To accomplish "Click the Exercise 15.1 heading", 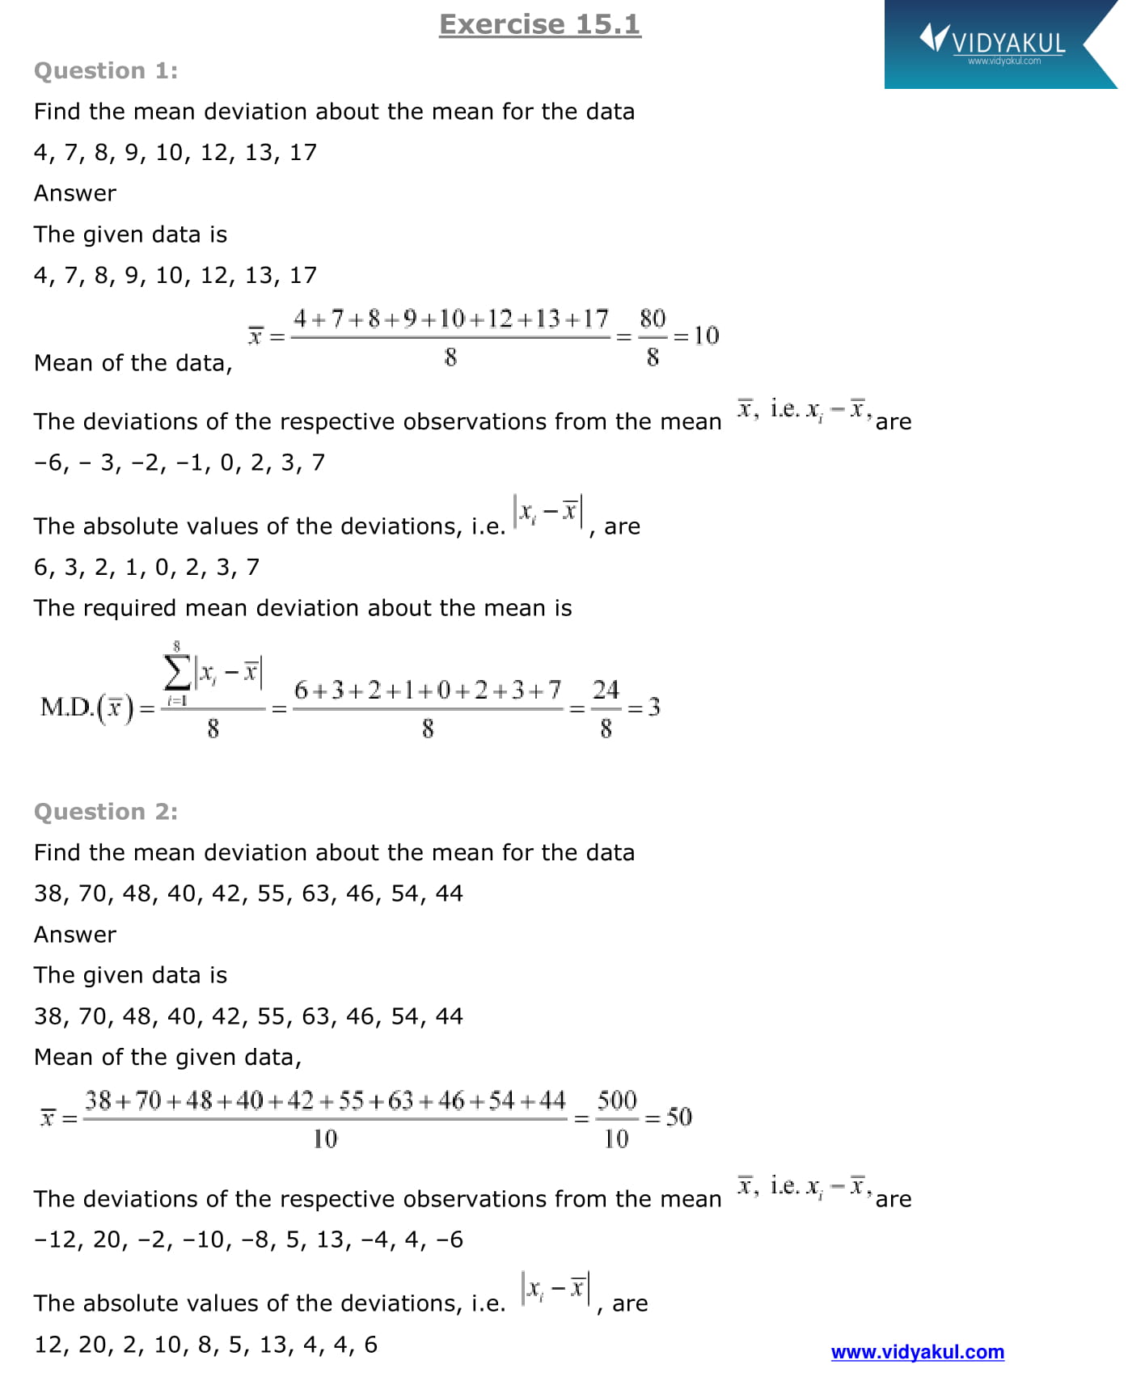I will (x=539, y=24).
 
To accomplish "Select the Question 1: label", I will (x=106, y=71).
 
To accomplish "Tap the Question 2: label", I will (x=106, y=812).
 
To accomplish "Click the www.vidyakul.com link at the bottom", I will (x=917, y=1352).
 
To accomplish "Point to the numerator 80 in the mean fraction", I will (x=653, y=319).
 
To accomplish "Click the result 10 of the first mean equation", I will (x=706, y=336).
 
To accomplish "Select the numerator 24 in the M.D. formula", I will (x=606, y=690).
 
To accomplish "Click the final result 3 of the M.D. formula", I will (x=654, y=708).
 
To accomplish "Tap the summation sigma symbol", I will (x=176, y=671).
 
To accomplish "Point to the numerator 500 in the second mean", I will (x=617, y=1100).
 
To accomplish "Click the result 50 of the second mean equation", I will (x=678, y=1117).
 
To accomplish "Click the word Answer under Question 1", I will (x=75, y=193).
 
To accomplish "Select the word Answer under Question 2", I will (x=75, y=935).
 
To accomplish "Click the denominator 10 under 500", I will (x=616, y=1139).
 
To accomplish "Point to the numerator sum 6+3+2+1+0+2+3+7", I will (x=427, y=691).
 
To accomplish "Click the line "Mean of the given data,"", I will (x=167, y=1058).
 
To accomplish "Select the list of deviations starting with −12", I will (x=248, y=1240).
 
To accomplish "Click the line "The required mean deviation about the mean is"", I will (x=302, y=608).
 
